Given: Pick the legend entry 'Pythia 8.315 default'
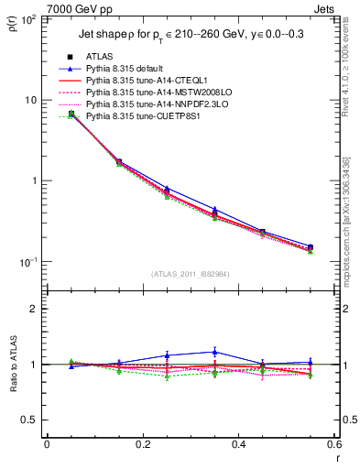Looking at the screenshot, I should (x=135, y=69).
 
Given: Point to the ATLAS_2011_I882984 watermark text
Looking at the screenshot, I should (x=191, y=275).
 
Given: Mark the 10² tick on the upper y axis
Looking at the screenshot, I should (x=30, y=19).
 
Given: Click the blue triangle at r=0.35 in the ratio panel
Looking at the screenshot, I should (x=214, y=352).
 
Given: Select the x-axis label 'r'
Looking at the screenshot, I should (x=336, y=460).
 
